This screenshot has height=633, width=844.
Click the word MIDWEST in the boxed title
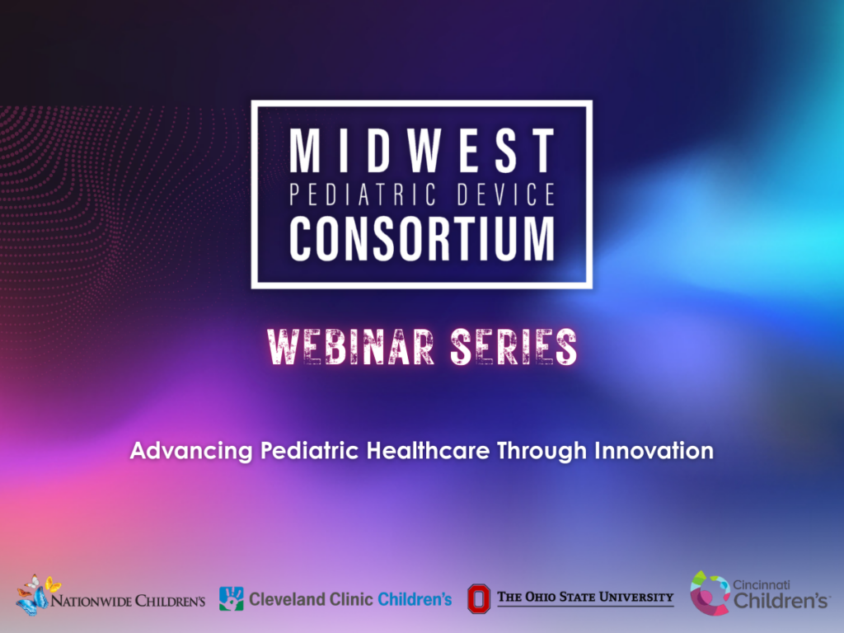pyautogui.click(x=422, y=150)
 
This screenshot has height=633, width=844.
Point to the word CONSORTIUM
pyautogui.click(x=422, y=238)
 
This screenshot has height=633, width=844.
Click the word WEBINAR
pyautogui.click(x=350, y=347)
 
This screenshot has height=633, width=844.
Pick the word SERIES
pyautogui.click(x=513, y=347)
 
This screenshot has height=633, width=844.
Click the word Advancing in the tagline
pyautogui.click(x=191, y=451)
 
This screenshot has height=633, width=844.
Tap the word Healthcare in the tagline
pyautogui.click(x=428, y=450)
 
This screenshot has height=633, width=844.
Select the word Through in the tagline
pyautogui.click(x=542, y=451)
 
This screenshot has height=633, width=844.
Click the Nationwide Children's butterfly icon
pyautogui.click(x=37, y=595)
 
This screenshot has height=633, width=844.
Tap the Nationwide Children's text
pyautogui.click(x=128, y=600)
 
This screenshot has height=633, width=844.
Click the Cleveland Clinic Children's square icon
pyautogui.click(x=232, y=598)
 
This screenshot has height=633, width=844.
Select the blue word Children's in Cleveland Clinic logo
pyautogui.click(x=415, y=599)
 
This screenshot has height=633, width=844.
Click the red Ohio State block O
pyautogui.click(x=479, y=598)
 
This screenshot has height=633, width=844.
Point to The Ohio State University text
pyautogui.click(x=585, y=597)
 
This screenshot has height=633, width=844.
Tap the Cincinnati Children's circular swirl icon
pyautogui.click(x=710, y=593)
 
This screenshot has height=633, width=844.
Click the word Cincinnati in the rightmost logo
pyautogui.click(x=761, y=585)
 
